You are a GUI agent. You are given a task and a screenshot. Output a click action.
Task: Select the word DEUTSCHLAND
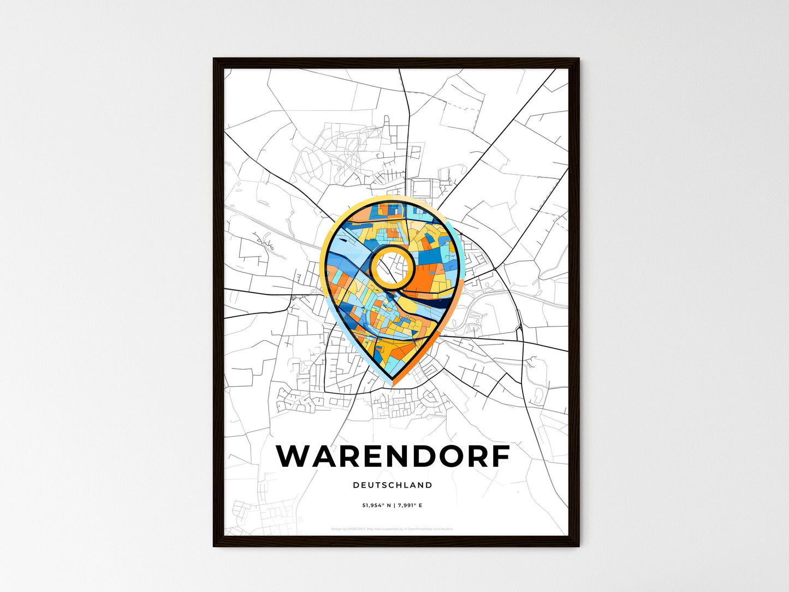coord(393,485)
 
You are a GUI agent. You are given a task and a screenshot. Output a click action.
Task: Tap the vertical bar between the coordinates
coord(394,506)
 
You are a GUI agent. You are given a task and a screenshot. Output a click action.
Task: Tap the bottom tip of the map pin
coord(393,384)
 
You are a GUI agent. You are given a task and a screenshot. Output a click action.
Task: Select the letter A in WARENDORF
coord(329,456)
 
